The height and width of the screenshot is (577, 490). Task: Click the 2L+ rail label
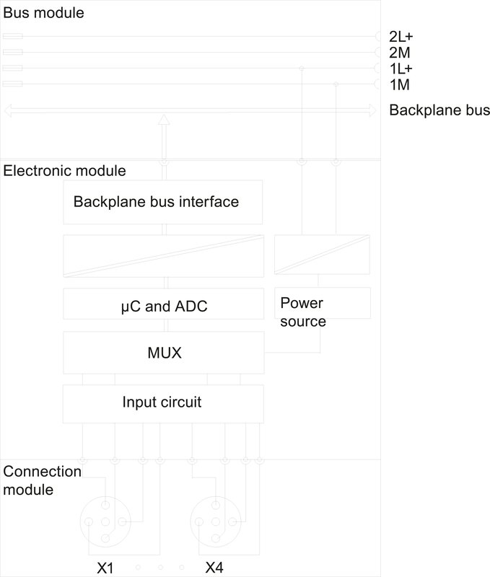tap(401, 37)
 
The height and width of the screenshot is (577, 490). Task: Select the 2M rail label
tap(399, 53)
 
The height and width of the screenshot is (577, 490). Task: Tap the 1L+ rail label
tap(401, 69)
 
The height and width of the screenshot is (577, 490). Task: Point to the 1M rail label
tap(399, 85)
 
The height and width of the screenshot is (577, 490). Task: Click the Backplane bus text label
tap(439, 111)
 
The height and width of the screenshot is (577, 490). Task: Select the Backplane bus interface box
tap(163, 202)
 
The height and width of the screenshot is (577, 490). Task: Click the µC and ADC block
tap(163, 306)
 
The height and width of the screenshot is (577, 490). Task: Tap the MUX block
tap(163, 353)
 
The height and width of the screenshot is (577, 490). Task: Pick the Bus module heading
tap(43, 13)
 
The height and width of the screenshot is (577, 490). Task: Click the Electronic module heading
tap(65, 171)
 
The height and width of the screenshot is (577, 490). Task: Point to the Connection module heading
tap(41, 480)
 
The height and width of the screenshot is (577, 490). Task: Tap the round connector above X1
tap(105, 521)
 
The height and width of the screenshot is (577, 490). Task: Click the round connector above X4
tap(214, 521)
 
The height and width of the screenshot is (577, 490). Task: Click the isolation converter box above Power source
tap(323, 255)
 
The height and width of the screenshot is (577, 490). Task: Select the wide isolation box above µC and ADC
tap(163, 255)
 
